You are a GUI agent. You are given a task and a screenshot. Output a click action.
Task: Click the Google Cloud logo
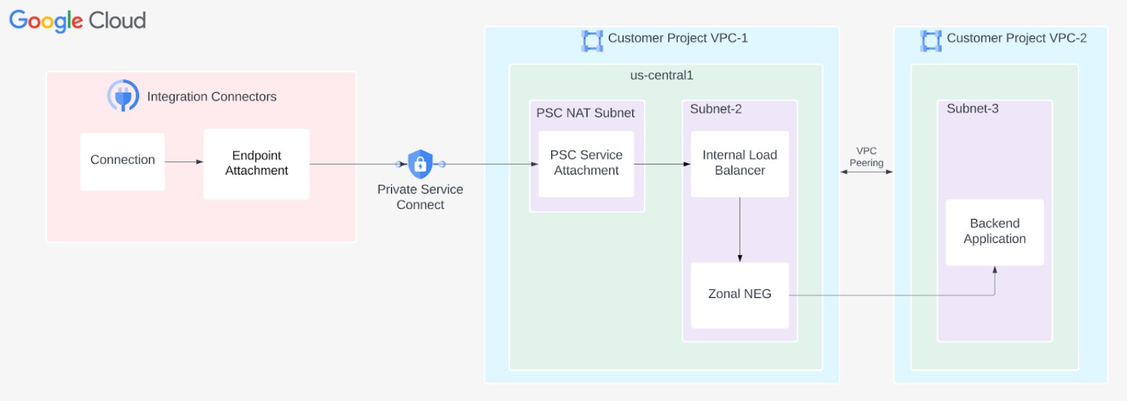78,20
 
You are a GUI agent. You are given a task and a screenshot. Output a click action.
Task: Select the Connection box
123,162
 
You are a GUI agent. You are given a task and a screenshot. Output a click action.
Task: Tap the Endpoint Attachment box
256,164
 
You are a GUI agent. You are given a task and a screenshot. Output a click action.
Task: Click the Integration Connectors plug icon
123,96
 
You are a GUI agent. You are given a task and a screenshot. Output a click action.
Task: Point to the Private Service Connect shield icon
420,164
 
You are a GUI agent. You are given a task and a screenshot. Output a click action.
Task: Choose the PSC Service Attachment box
586,164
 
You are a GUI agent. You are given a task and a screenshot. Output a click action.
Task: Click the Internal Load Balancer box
739,164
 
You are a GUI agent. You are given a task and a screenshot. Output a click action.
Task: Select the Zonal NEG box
739,295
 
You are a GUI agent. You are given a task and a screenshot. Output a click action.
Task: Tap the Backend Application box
994,232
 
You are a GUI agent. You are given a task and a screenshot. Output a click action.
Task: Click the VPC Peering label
866,157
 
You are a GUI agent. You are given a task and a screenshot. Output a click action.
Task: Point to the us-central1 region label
662,76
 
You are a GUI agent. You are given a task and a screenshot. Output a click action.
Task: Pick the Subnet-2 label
715,109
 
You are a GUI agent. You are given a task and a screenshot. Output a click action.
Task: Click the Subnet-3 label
972,109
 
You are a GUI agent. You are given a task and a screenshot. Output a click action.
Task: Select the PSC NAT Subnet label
585,113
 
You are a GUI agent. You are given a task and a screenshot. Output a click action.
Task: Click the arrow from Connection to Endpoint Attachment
184,162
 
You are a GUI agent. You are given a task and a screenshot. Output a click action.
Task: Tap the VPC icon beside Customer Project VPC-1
592,40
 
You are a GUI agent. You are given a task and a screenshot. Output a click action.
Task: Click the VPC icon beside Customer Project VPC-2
931,40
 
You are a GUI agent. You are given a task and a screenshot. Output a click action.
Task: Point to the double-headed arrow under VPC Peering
866,172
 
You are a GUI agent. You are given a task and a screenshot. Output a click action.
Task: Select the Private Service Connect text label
420,197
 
